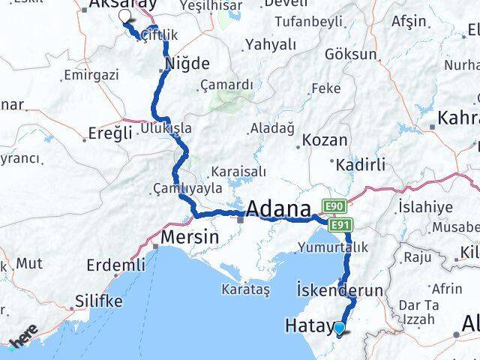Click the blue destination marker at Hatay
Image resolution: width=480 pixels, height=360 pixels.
tap(340, 327)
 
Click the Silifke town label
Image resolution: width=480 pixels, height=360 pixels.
tap(97, 301)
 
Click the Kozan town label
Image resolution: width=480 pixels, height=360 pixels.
tap(325, 140)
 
